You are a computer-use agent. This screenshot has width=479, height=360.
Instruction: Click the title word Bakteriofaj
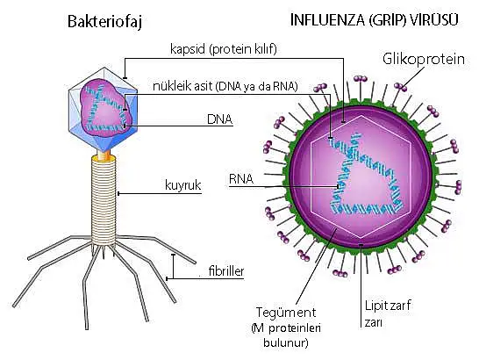104,22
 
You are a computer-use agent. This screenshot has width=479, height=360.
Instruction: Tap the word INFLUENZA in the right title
327,20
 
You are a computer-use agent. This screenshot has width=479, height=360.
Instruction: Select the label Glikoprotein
424,59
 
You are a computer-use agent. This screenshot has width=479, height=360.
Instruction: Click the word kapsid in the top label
187,49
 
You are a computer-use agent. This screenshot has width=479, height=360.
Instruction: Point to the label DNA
219,119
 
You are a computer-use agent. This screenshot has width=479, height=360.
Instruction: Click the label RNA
241,179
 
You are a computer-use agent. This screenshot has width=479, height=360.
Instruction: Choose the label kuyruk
183,185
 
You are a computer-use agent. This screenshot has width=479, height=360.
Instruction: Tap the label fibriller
226,271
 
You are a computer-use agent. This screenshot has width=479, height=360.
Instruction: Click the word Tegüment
286,313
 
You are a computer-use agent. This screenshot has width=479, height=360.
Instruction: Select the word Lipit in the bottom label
376,306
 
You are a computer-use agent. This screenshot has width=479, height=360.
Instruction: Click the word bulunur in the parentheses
285,342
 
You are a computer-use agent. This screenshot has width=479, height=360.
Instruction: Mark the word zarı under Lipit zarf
373,323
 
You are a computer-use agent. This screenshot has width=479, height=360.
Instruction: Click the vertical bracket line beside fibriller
173,266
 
